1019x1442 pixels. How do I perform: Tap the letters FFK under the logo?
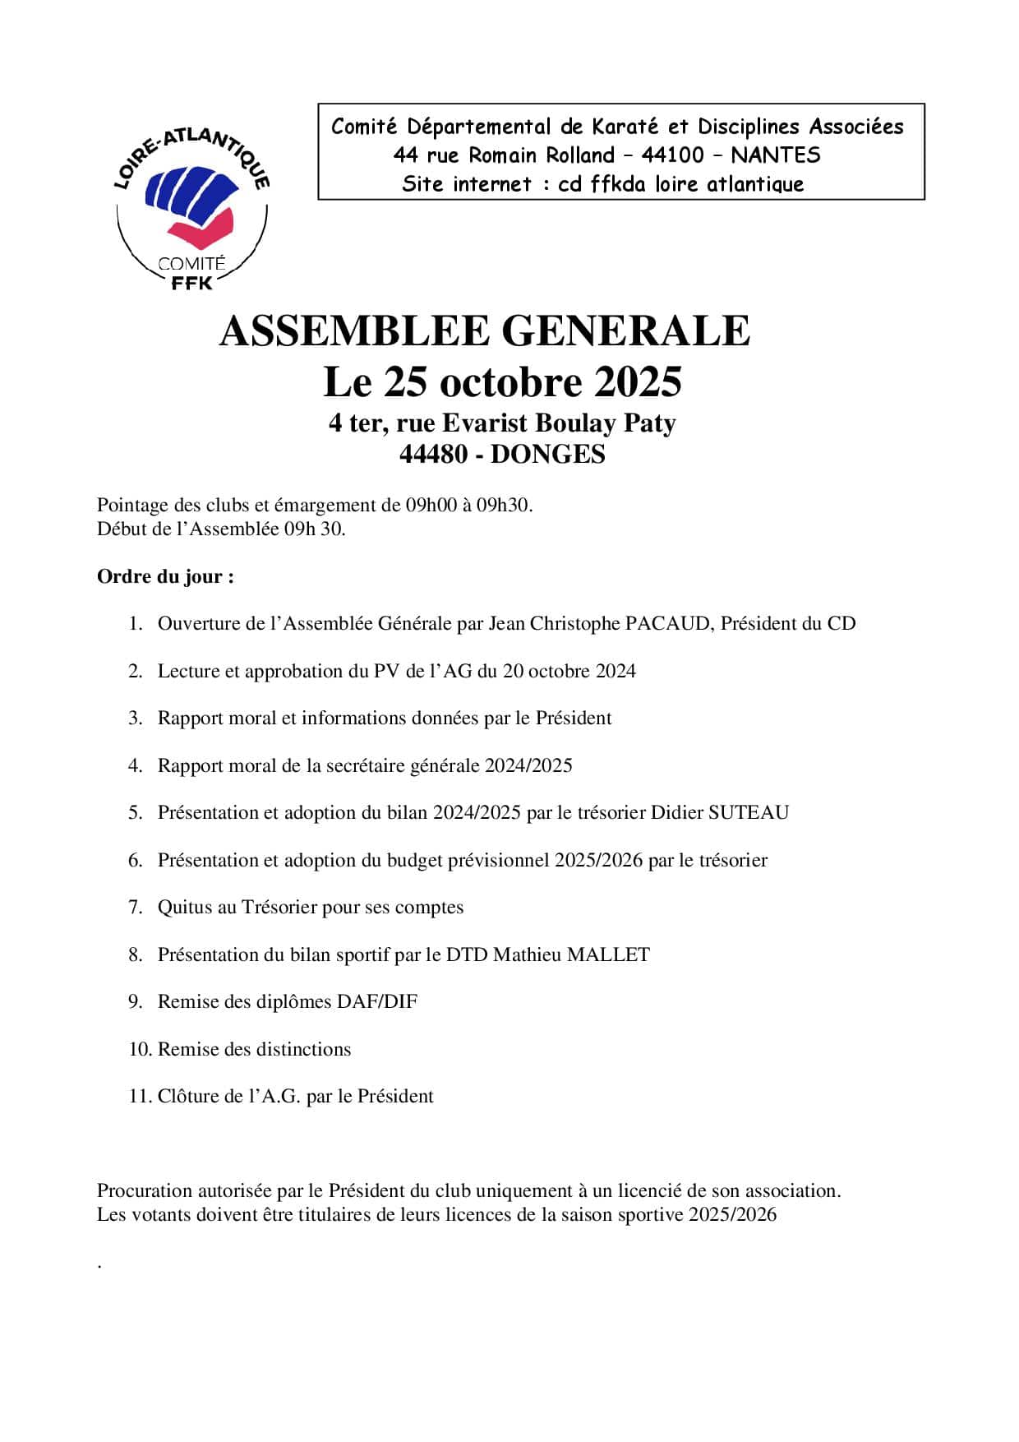(x=191, y=284)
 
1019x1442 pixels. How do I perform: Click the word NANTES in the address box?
(x=775, y=155)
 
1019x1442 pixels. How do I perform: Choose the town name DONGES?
(x=547, y=455)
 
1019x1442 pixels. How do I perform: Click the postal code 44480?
(x=434, y=455)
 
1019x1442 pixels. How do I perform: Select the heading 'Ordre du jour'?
(x=165, y=577)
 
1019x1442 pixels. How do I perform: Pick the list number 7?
(x=136, y=908)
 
